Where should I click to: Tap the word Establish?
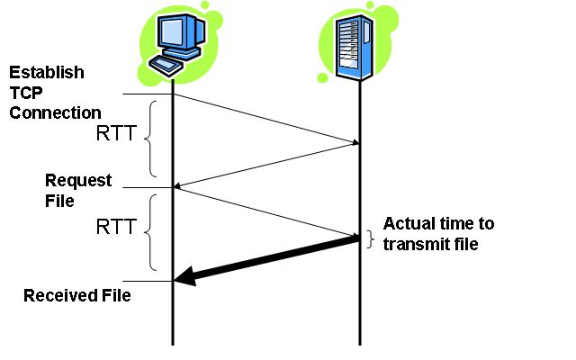tap(47, 72)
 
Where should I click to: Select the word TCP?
tap(28, 93)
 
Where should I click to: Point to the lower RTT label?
tap(115, 227)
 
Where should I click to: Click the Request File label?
tap(78, 189)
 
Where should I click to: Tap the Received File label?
tap(76, 295)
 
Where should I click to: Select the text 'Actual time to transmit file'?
tap(438, 233)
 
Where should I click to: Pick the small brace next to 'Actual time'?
tap(370, 238)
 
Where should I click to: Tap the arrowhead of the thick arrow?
tap(184, 279)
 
